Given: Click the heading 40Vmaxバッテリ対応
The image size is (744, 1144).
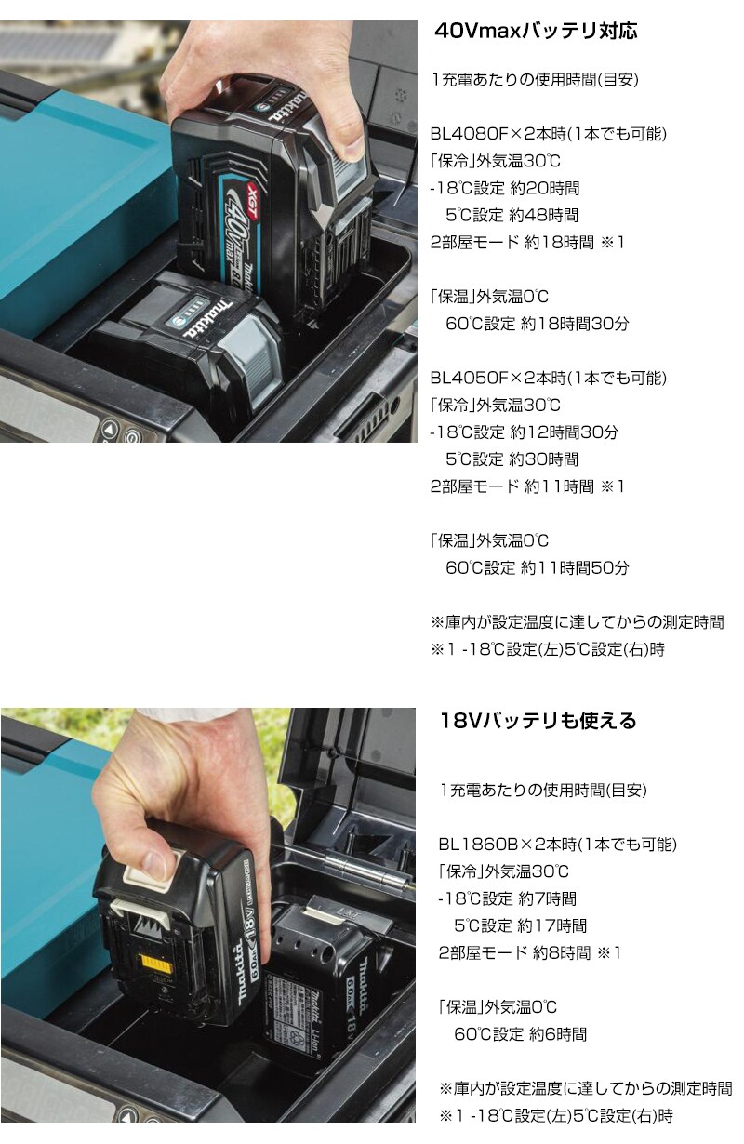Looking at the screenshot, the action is pyautogui.click(x=536, y=31).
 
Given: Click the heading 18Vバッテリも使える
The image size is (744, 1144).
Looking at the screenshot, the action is pyautogui.click(x=538, y=721).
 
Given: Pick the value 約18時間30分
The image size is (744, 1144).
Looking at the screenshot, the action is pyautogui.click(x=575, y=324).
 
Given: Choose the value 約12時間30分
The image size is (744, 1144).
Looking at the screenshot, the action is pyautogui.click(x=565, y=432).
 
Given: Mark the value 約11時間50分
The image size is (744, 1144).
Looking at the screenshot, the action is pyautogui.click(x=575, y=567).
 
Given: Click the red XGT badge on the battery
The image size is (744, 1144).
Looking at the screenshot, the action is pyautogui.click(x=254, y=194).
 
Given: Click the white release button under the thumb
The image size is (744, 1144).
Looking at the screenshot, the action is pyautogui.click(x=150, y=870).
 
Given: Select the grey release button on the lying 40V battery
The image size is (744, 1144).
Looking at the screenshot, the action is pyautogui.click(x=251, y=355).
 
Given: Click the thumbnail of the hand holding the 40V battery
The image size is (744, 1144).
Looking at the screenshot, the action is pyautogui.click(x=208, y=232).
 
